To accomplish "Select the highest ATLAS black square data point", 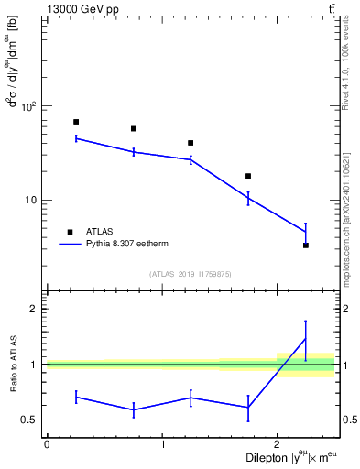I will [x=76, y=122].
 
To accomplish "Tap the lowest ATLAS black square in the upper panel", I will [x=306, y=245].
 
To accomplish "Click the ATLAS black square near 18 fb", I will [x=248, y=176].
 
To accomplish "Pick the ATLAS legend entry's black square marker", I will [x=70, y=232].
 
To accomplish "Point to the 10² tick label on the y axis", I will [x=27, y=106].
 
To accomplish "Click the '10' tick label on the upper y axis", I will [x=28, y=200].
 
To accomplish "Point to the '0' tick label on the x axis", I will [x=47, y=444].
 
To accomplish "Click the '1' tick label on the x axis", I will [x=162, y=444].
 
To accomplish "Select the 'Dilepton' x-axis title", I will [x=275, y=456].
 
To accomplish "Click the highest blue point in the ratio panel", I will [x=306, y=339].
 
